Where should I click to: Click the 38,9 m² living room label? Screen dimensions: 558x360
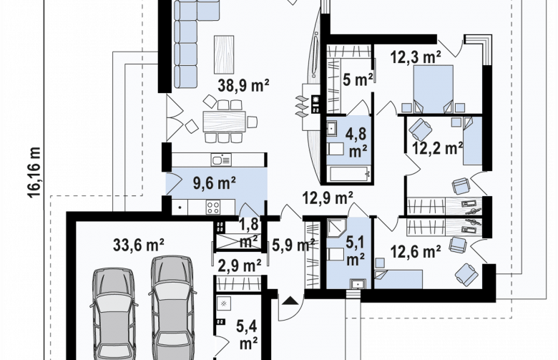[x=243, y=85]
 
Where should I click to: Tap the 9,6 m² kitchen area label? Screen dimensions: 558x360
[x=214, y=183]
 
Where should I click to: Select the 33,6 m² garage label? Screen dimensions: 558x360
[x=139, y=245]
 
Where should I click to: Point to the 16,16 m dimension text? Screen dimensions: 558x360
[x=34, y=172]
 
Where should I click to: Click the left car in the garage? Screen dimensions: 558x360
[x=114, y=313]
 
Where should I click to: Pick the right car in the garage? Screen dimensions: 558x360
[x=173, y=307]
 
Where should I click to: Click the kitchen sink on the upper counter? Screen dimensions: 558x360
[x=221, y=160]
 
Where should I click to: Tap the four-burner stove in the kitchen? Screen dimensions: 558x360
[x=213, y=207]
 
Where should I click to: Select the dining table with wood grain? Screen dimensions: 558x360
[x=224, y=122]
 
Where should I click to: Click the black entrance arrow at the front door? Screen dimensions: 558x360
[x=290, y=301]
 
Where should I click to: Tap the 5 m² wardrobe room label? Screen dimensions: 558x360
[x=358, y=79]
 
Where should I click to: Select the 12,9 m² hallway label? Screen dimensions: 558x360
[x=328, y=198]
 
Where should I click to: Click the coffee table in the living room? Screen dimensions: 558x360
[x=224, y=54]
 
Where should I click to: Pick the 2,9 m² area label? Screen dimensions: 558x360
[x=239, y=266]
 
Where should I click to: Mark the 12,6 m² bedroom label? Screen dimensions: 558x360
[x=416, y=252]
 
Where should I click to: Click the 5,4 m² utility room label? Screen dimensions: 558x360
[x=248, y=335]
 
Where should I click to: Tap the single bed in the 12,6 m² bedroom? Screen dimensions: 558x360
[x=398, y=279]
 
